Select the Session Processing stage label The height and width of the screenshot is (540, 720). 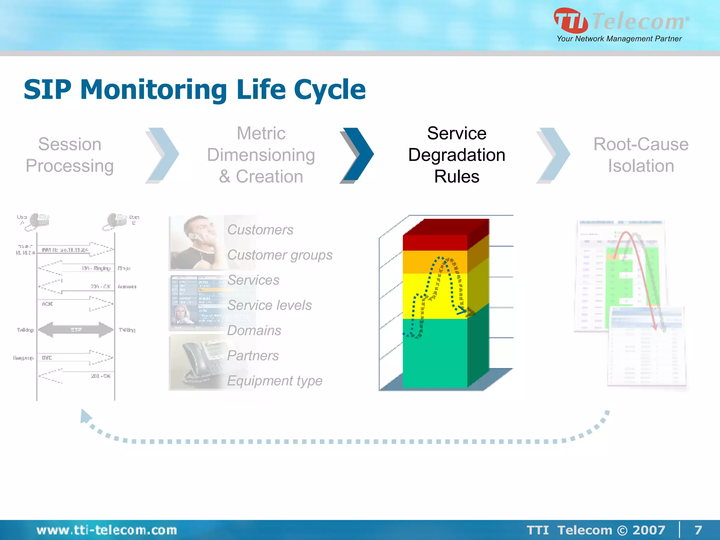click(x=70, y=155)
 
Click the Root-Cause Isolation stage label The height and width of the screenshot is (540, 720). click(x=641, y=155)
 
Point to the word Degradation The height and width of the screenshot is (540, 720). click(x=456, y=155)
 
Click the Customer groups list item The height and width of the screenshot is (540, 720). click(x=279, y=255)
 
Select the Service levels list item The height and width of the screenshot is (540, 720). click(x=269, y=305)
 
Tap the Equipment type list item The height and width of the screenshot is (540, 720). click(x=275, y=381)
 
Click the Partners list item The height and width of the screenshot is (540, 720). click(x=253, y=355)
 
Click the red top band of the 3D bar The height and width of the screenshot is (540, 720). click(x=435, y=243)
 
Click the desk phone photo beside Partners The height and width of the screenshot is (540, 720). click(x=197, y=362)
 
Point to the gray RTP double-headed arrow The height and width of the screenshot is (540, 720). click(x=76, y=330)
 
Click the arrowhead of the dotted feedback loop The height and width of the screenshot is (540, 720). click(x=85, y=416)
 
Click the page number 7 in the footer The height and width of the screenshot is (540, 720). click(x=698, y=530)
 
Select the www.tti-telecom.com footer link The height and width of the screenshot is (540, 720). click(x=107, y=530)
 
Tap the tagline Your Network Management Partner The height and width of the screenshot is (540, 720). click(x=619, y=39)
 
